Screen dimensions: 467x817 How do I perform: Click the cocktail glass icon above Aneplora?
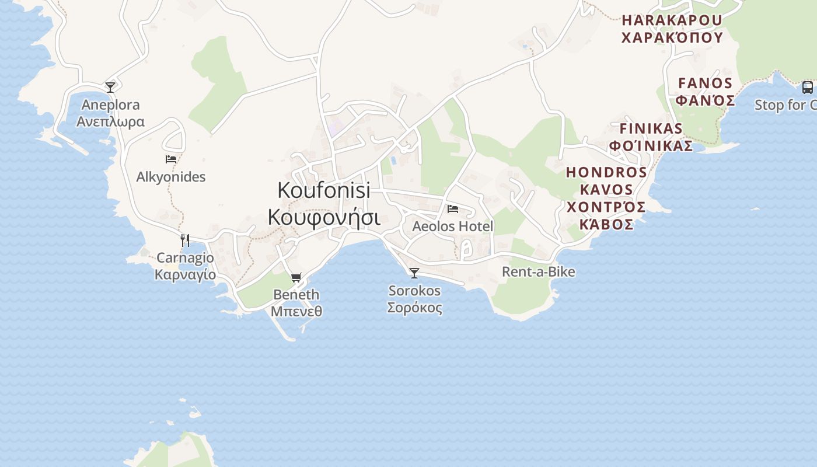[x=110, y=88]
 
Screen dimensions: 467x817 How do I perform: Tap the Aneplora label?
[x=110, y=105]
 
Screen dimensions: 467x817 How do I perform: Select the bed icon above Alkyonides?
[x=171, y=159]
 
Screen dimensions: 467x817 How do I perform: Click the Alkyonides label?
[x=171, y=177]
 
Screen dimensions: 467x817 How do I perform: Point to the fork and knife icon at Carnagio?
[x=185, y=240]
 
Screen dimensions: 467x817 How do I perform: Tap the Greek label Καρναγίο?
[x=185, y=275]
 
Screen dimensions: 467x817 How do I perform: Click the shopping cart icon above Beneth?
[x=296, y=277]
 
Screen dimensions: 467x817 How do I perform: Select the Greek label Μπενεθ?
[x=296, y=311]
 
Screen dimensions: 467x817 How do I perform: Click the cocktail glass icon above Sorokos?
[x=414, y=273]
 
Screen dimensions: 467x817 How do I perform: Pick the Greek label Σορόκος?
[x=414, y=308]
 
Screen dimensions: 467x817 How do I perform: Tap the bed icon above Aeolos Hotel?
[x=453, y=209]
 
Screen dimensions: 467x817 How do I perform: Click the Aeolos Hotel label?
[x=453, y=226]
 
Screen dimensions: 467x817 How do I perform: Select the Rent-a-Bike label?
[x=539, y=272]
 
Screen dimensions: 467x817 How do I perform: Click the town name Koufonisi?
[x=324, y=190]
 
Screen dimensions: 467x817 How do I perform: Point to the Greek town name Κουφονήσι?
[x=324, y=217]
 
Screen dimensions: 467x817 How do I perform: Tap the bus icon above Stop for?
[x=808, y=88]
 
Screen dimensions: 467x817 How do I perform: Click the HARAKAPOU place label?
[x=672, y=20]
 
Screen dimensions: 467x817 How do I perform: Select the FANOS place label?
[x=705, y=83]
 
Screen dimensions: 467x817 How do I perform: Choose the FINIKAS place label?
[x=651, y=128]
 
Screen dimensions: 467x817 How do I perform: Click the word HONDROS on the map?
[x=606, y=172]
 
